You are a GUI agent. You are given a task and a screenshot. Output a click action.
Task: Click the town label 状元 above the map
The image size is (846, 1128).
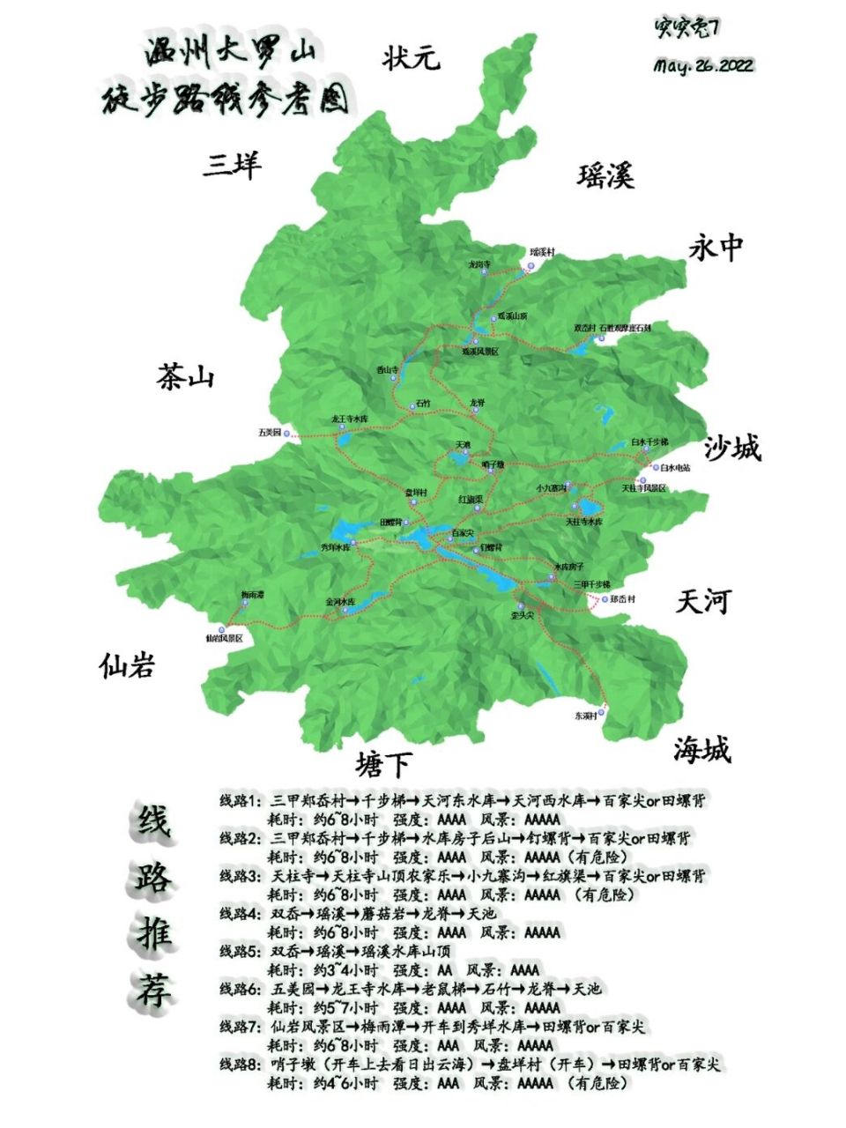pos(411,59)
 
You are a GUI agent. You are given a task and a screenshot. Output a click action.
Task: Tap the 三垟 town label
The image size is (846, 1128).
pos(233,165)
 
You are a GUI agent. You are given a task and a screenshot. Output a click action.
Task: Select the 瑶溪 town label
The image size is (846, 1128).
pos(606,176)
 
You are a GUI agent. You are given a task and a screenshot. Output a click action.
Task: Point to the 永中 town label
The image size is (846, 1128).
pos(716,249)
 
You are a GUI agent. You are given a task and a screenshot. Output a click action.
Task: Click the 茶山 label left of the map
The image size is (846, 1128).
pos(186,377)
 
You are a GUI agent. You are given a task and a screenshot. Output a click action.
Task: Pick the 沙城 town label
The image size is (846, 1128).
pos(732,448)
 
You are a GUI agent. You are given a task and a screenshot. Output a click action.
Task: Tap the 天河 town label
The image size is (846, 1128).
pos(703,602)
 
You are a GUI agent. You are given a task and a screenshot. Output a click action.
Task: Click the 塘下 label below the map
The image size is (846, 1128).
pos(383,763)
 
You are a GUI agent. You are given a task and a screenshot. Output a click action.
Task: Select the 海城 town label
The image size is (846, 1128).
pos(702,750)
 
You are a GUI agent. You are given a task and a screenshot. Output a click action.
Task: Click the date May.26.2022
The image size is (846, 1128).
pos(703,66)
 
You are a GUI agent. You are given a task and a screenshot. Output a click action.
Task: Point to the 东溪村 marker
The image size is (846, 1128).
pos(604,708)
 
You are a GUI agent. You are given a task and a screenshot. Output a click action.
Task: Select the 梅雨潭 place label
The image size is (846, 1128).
pos(253,596)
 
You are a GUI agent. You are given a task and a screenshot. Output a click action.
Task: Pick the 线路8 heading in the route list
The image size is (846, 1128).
pos(240,1065)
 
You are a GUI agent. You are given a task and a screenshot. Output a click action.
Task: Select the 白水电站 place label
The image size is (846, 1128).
pos(675,468)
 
